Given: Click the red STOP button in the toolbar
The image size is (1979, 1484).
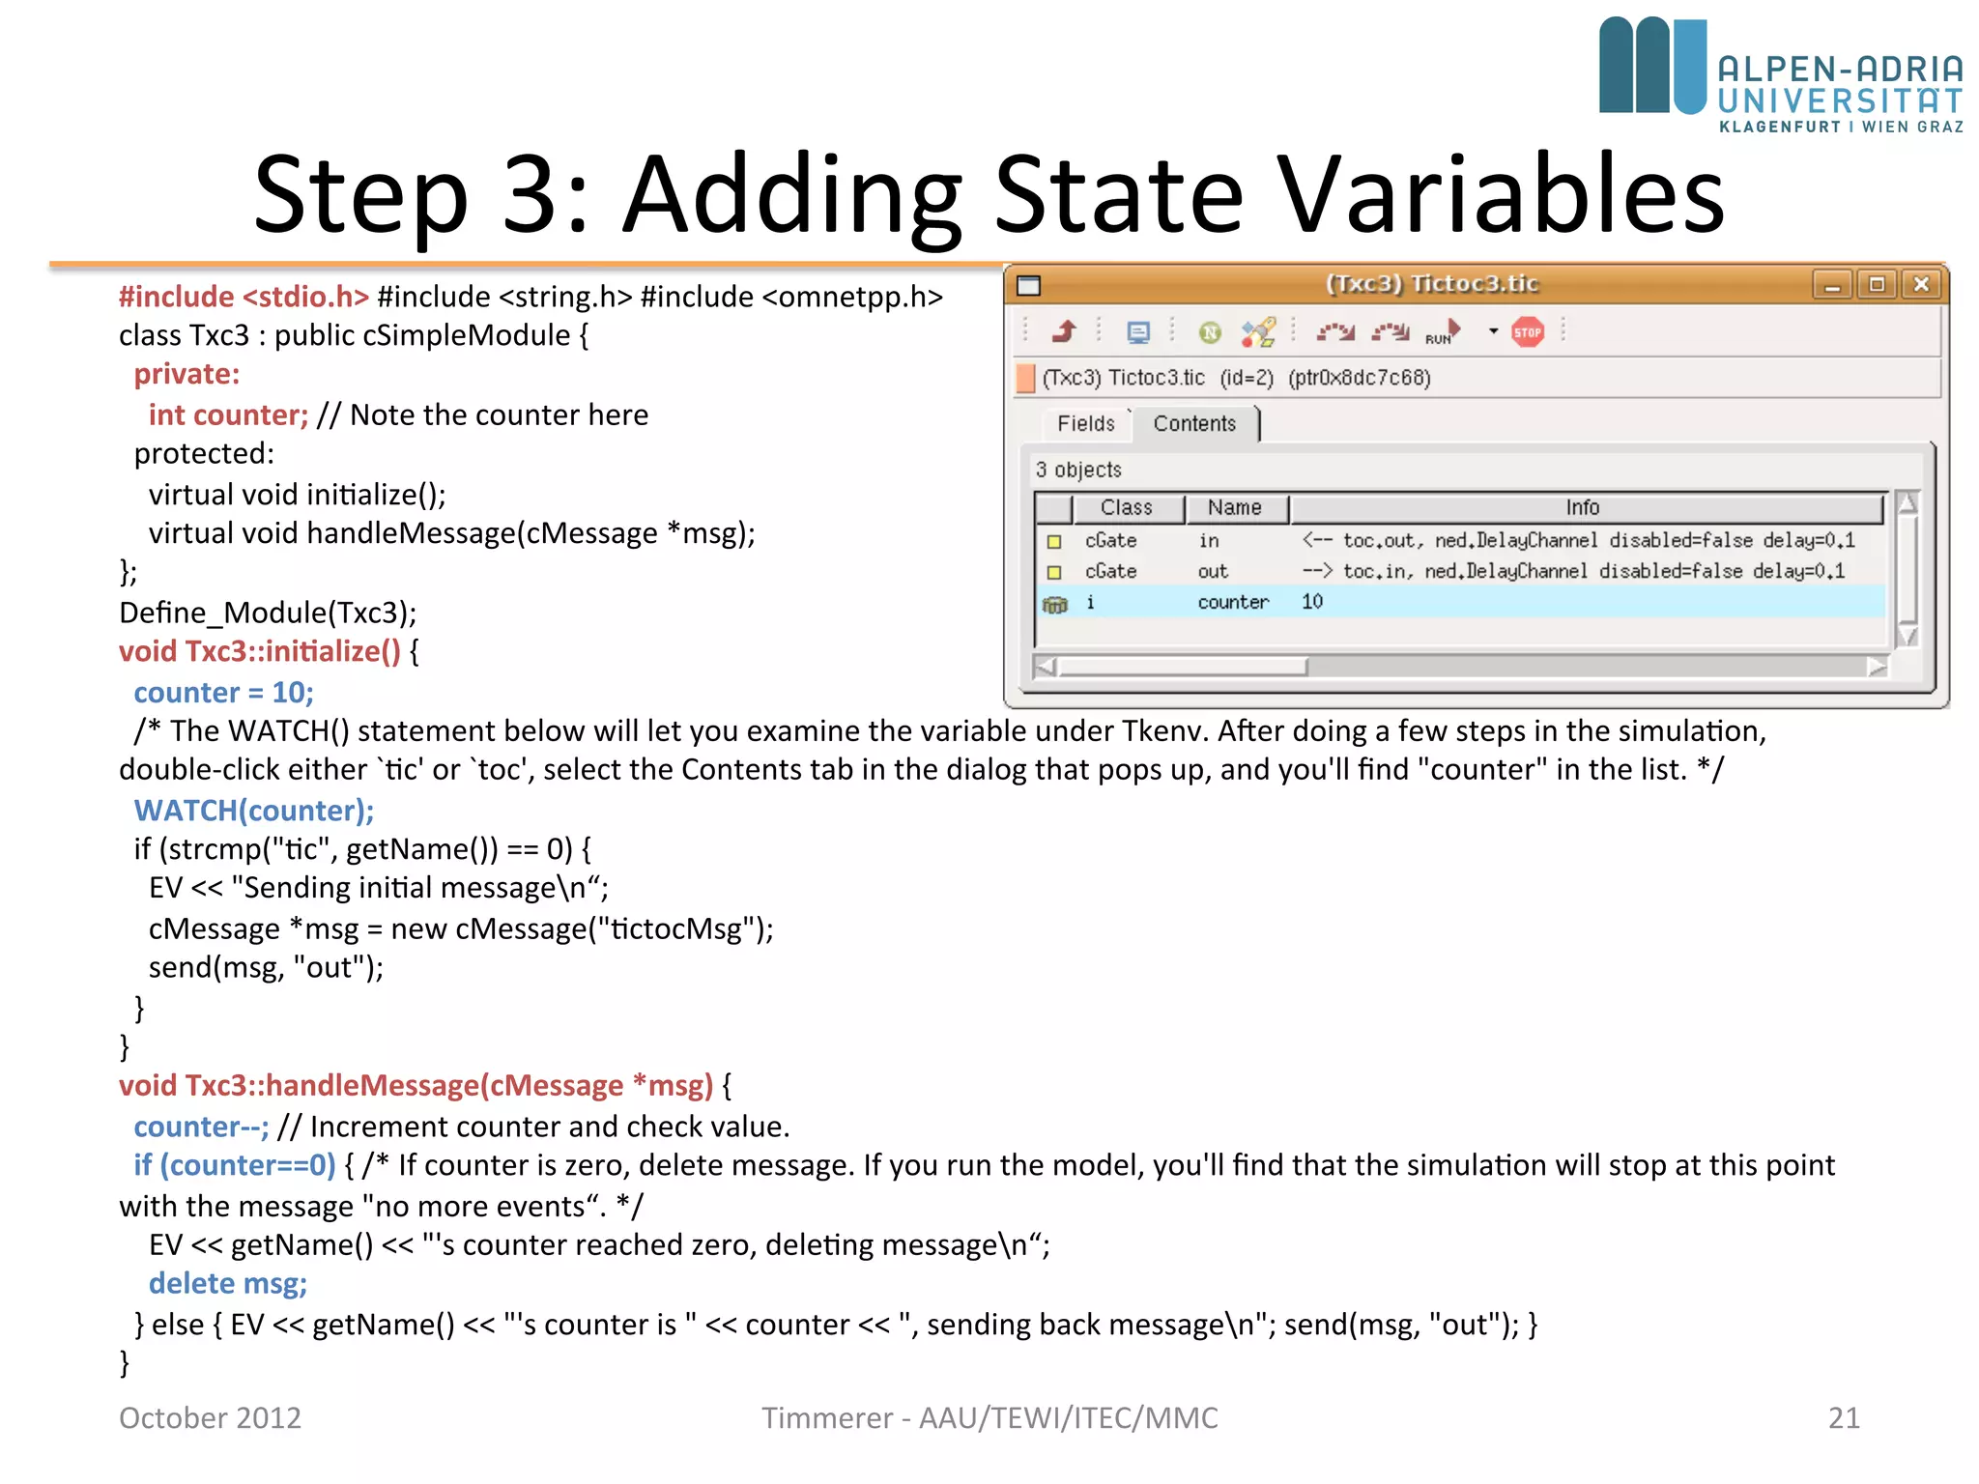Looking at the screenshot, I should [1527, 332].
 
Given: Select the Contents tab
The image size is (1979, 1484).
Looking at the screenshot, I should [1194, 423].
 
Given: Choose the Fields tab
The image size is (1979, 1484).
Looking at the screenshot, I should [1085, 423].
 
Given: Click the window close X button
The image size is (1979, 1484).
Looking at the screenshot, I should [1921, 284].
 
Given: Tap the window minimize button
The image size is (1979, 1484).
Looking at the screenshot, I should [1831, 285].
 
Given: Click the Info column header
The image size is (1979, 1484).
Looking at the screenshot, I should [1583, 507].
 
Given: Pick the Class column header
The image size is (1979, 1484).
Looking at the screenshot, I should [1126, 507].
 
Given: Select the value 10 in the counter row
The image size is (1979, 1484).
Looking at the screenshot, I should [1311, 602].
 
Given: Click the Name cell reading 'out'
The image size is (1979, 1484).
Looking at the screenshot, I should [1213, 571].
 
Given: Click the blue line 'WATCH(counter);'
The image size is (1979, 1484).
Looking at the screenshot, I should [253, 810].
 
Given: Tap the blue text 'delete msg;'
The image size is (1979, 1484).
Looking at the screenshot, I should [228, 1283].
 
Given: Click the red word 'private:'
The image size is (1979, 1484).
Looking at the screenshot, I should [186, 374].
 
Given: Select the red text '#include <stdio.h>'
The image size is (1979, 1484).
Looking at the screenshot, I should [244, 297].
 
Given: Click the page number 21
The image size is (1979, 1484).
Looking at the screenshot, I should [1844, 1417].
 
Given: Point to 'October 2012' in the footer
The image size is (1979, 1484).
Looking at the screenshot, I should [210, 1417].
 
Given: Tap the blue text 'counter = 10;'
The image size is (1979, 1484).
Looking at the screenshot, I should [223, 692].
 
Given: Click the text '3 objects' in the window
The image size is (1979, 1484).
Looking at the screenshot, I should [1078, 470].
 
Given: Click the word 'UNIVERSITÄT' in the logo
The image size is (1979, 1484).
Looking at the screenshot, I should [1840, 100].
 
